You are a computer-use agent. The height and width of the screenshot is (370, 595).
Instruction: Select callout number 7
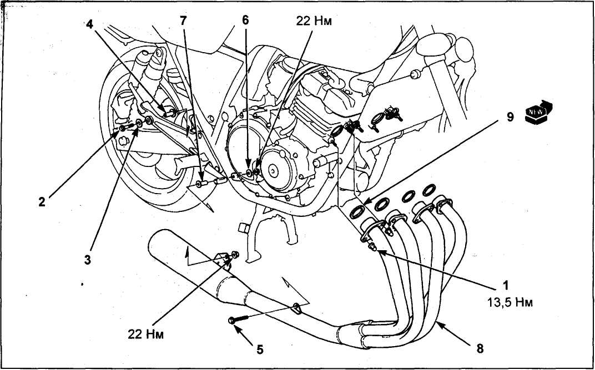[x=183, y=21]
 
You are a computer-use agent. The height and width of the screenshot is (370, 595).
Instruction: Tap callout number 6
[x=245, y=20]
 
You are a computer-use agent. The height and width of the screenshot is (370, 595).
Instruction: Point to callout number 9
[x=510, y=117]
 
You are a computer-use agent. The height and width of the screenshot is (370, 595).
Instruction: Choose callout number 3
[x=88, y=260]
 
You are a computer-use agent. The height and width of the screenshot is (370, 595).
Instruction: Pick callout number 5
[x=260, y=349]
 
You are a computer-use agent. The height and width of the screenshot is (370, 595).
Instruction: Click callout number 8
[x=480, y=348]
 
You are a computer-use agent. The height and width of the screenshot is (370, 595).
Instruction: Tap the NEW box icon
[x=538, y=113]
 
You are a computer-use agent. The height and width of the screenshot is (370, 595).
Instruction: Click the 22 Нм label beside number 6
[x=314, y=21]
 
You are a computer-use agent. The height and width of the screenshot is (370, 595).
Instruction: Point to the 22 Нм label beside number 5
[x=146, y=334]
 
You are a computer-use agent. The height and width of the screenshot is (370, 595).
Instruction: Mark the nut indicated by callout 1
[x=372, y=247]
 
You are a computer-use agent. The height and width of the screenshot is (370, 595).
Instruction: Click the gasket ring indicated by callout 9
[x=357, y=212]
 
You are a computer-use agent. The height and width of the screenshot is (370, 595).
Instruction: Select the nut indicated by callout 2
[x=122, y=129]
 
